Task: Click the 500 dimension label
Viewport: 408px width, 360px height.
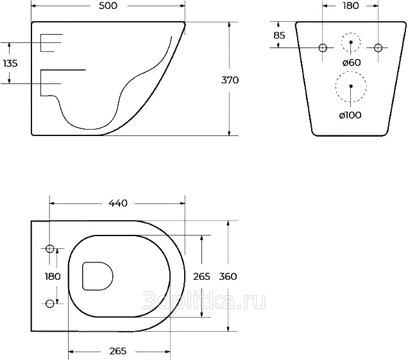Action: tap(108, 6)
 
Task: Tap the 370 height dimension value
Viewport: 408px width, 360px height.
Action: tap(230, 80)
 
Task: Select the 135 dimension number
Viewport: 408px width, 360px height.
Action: tap(10, 63)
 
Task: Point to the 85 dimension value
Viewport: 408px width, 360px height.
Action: tap(279, 35)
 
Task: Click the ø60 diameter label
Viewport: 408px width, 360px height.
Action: tap(352, 62)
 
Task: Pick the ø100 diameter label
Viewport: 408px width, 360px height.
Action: tap(350, 115)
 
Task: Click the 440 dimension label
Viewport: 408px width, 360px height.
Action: tap(118, 203)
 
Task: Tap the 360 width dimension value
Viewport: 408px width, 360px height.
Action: tap(228, 277)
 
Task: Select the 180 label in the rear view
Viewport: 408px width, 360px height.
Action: tap(350, 6)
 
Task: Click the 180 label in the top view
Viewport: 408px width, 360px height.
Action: tap(53, 277)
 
